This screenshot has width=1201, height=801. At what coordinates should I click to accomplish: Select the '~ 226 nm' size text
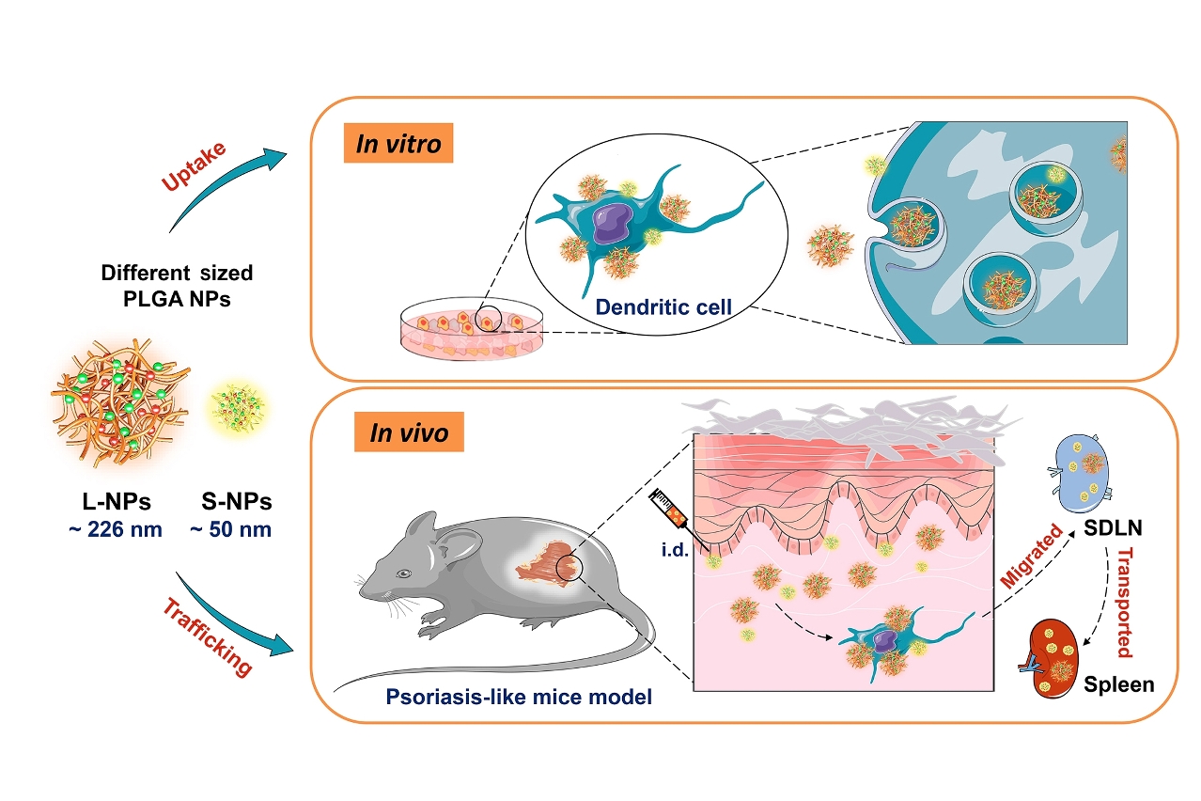click(x=115, y=529)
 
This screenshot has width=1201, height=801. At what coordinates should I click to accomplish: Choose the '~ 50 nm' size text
click(x=230, y=529)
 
